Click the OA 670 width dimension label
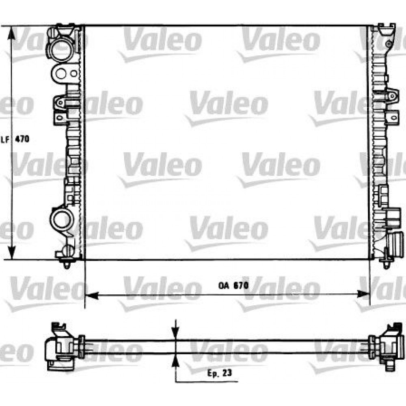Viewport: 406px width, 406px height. click(x=233, y=285)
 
